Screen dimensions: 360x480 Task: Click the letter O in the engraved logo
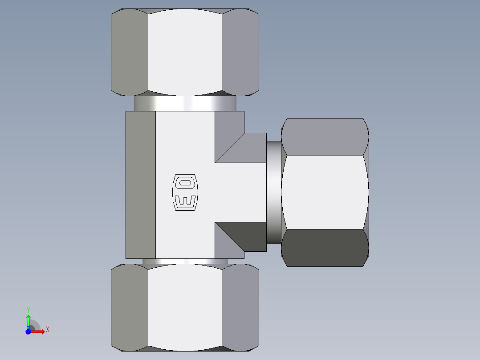[184, 182]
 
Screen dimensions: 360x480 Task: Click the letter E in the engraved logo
[184, 201]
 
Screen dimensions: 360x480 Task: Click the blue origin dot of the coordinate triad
[28, 331]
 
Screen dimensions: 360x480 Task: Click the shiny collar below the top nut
[184, 104]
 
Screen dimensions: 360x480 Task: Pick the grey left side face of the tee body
[141, 184]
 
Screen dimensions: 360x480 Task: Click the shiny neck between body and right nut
[273, 192]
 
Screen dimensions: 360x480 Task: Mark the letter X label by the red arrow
[47, 330]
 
